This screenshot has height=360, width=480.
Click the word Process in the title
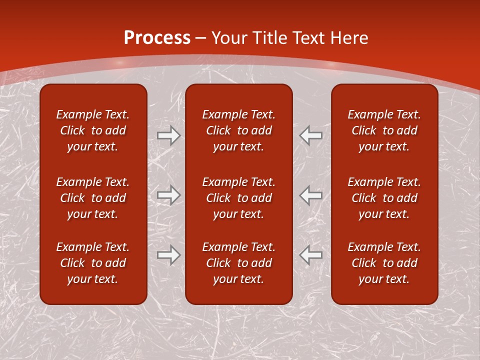click(x=157, y=37)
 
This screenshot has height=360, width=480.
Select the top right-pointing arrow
click(x=168, y=135)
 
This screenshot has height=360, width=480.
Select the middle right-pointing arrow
click(x=168, y=195)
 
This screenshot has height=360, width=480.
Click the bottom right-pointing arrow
click(x=168, y=254)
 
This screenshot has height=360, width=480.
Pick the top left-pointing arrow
click(x=311, y=135)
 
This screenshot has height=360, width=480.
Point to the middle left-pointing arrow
click(x=311, y=195)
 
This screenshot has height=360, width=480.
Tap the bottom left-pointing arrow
click(x=311, y=254)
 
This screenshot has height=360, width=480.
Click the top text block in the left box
click(x=93, y=130)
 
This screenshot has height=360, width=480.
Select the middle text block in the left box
click(x=93, y=198)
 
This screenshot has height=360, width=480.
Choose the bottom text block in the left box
click(x=93, y=263)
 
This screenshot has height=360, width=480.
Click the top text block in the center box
click(x=239, y=130)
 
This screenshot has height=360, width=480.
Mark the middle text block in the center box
click(x=239, y=198)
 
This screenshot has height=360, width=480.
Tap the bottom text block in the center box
click(x=239, y=263)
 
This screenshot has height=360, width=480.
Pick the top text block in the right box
click(x=384, y=130)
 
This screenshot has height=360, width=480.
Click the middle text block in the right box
click(x=384, y=198)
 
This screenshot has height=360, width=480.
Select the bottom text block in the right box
click(x=384, y=263)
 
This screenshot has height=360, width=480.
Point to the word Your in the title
click(x=228, y=37)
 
